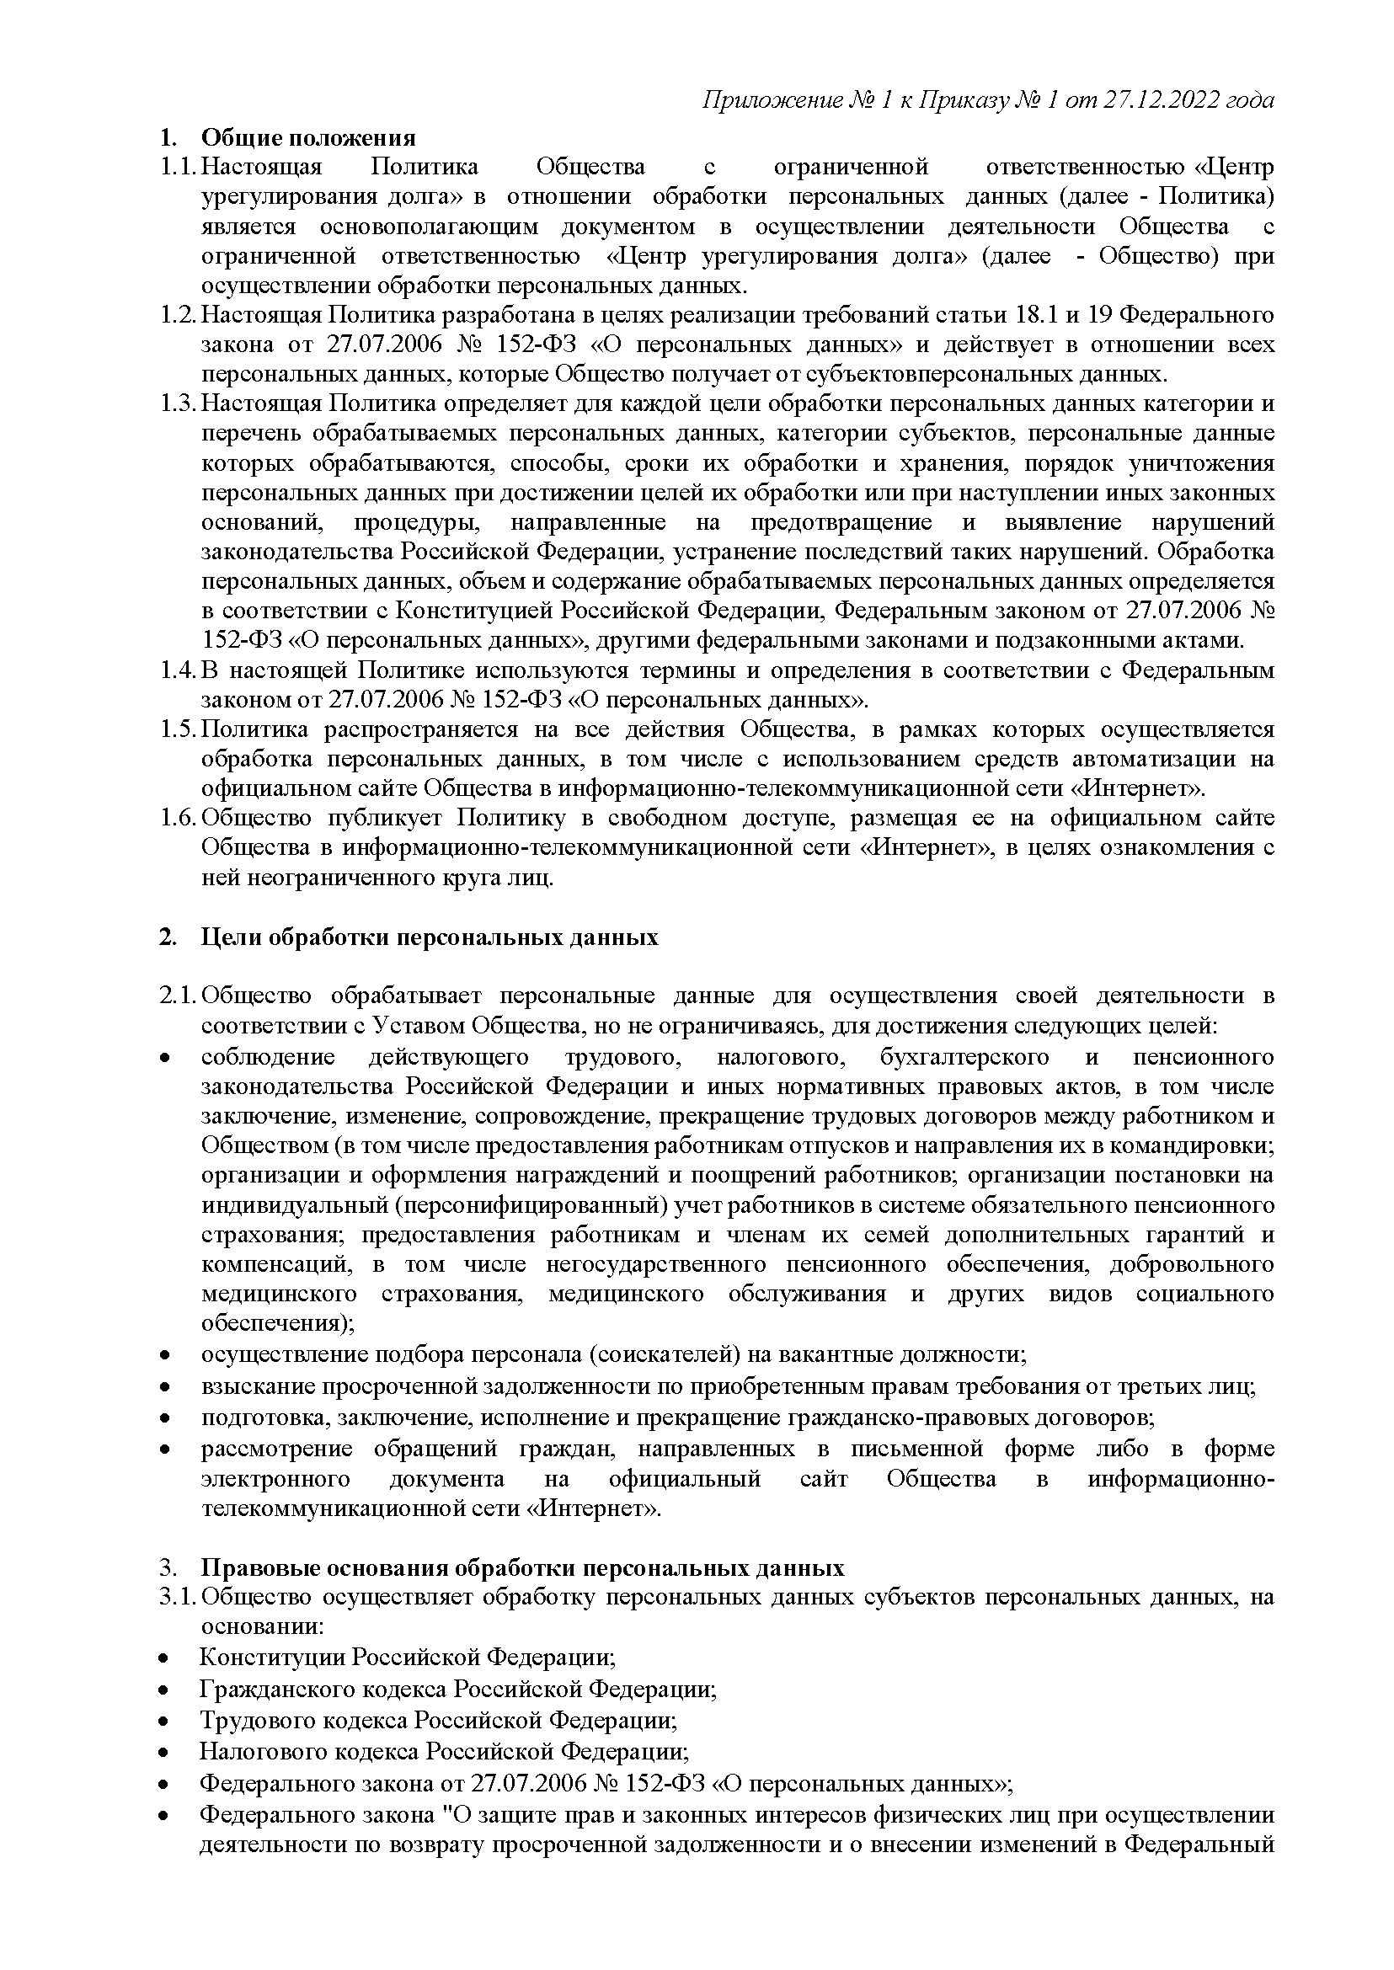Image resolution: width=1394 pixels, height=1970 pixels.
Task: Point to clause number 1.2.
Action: [178, 315]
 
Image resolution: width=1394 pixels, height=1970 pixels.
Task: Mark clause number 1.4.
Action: [178, 670]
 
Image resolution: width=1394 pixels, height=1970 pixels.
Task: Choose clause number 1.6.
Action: [178, 818]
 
